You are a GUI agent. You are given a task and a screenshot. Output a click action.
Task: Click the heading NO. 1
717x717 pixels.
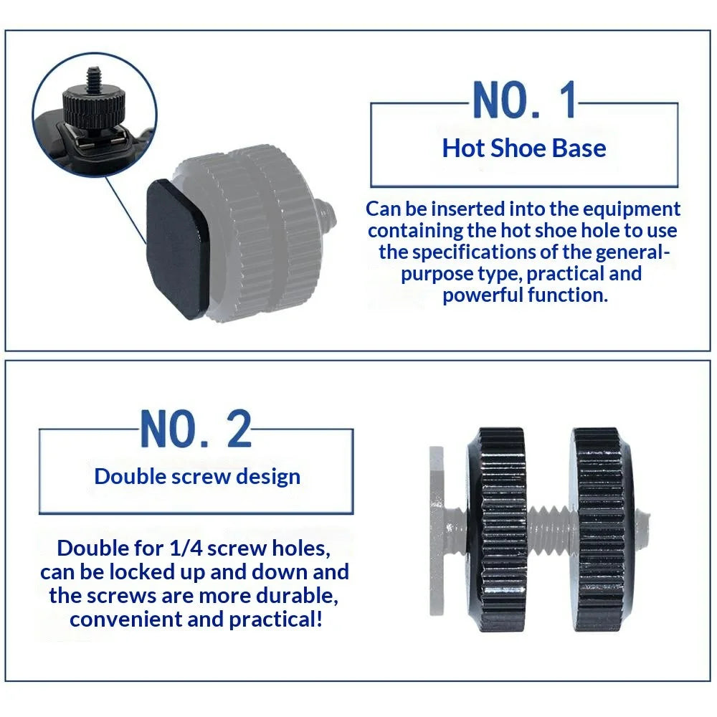coord(524,100)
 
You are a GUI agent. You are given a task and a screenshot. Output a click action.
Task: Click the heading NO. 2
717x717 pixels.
coord(196,429)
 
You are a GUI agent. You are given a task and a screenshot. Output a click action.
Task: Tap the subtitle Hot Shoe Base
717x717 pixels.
coord(524,148)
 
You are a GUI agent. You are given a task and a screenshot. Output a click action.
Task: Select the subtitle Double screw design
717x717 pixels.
coord(197,477)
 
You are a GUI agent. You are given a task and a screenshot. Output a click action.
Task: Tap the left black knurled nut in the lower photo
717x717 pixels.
coord(497,530)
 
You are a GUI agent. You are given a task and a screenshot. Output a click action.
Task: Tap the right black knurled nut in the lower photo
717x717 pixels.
coord(600,530)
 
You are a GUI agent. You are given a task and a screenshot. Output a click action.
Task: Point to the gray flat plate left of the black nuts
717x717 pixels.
coord(437,531)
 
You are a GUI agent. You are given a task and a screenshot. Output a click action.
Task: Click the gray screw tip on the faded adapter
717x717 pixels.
coord(328,215)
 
